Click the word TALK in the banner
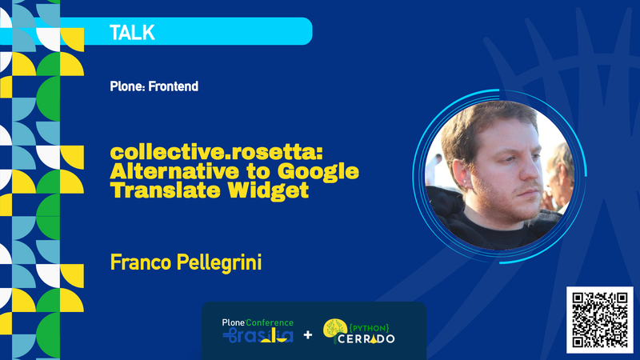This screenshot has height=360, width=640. coord(132,33)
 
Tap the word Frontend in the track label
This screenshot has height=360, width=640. coord(172,86)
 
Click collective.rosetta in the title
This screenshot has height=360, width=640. coord(217,151)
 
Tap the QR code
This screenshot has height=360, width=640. coord(598,318)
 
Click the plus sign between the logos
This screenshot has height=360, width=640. coord(308,333)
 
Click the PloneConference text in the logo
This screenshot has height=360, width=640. coord(258,322)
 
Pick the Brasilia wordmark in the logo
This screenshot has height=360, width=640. coord(258,336)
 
